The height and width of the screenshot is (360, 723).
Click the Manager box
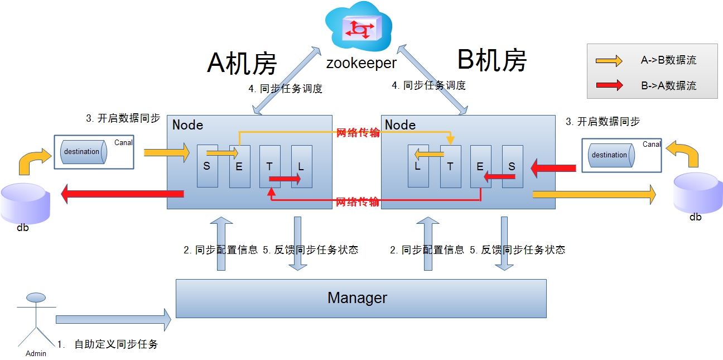361,298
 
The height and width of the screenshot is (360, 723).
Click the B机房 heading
491,60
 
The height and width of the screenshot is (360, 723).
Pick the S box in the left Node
207,166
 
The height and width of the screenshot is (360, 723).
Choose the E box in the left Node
239,166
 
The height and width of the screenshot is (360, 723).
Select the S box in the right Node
512,166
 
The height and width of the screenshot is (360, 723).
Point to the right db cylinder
697,193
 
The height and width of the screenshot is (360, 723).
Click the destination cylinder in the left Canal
83,152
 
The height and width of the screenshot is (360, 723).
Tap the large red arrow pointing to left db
122,194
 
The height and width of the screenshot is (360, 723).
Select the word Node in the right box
400,124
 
